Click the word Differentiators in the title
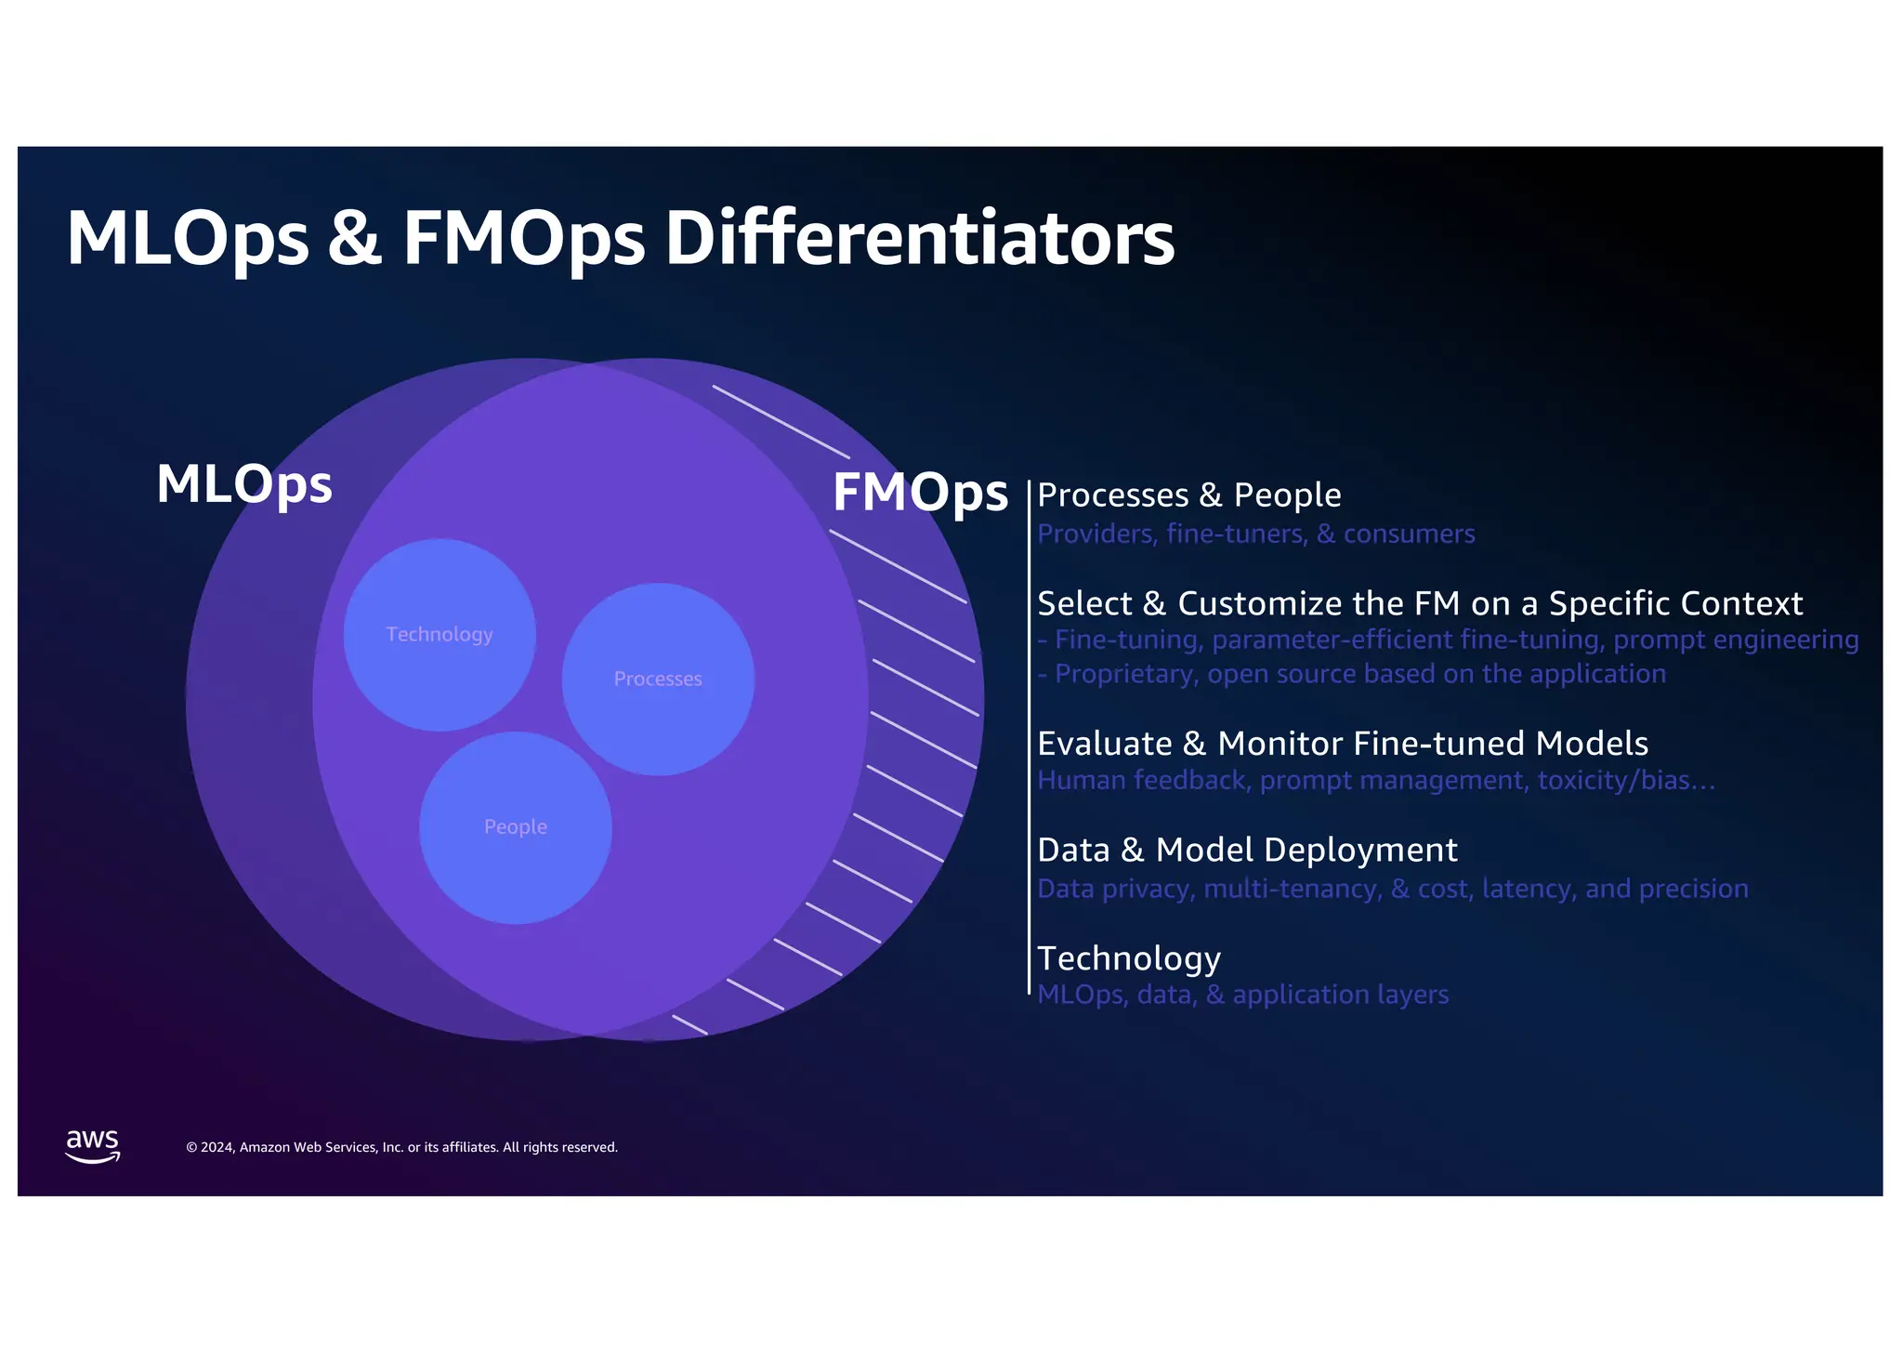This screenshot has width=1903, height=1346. (920, 238)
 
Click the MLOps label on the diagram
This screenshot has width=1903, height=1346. (244, 484)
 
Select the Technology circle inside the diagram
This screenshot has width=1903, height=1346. (440, 635)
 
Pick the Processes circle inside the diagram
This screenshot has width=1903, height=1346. (658, 680)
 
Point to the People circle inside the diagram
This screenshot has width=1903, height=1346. (516, 827)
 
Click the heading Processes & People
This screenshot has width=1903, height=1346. (1188, 495)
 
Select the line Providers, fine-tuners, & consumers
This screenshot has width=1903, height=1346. (1255, 534)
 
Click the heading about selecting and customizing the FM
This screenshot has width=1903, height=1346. (1419, 604)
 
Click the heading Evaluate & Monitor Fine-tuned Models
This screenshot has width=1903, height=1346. (1342, 744)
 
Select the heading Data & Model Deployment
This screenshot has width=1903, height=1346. (1247, 851)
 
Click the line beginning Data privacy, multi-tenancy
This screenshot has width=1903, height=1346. (1392, 890)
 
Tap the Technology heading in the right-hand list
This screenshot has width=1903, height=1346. (1128, 958)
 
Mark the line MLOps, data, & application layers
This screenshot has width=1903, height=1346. (1242, 996)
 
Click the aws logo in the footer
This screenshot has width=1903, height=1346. (93, 1146)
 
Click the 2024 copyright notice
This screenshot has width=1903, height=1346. (401, 1148)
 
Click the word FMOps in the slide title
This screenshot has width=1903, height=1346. (523, 238)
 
